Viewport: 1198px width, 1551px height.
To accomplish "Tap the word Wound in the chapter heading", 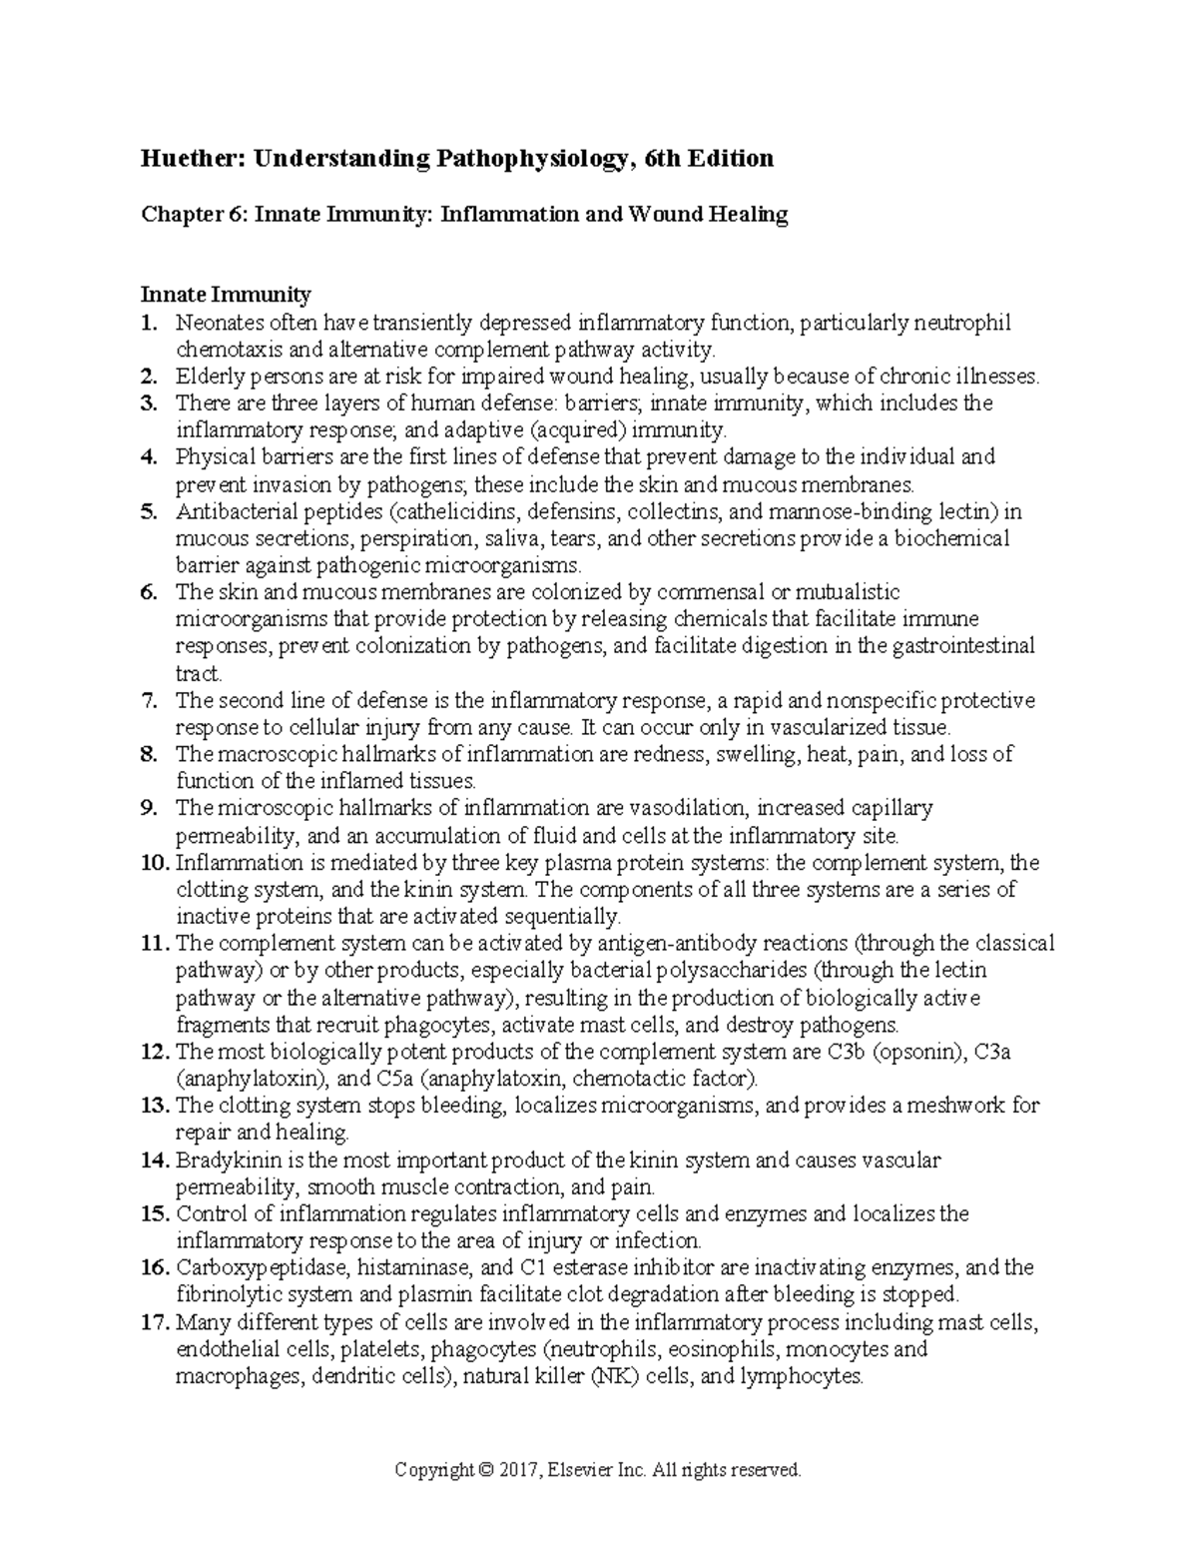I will click(676, 215).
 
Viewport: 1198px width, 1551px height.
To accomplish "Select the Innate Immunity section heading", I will click(226, 295).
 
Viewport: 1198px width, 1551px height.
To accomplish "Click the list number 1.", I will click(149, 323).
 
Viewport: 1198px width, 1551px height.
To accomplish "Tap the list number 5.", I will click(149, 512).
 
